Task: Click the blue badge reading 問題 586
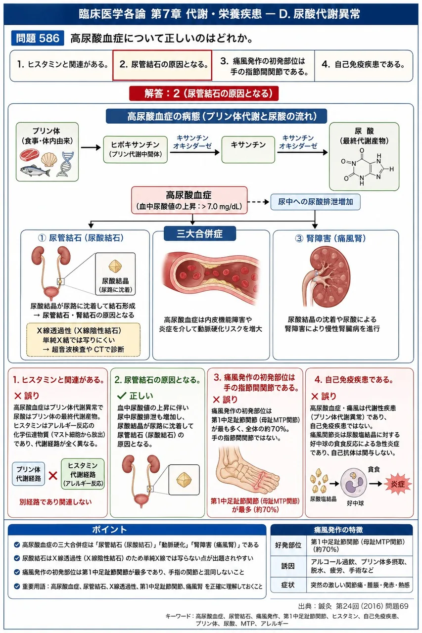click(38, 38)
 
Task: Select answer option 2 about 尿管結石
click(162, 65)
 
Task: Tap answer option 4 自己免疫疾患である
click(364, 65)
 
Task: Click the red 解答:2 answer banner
click(204, 93)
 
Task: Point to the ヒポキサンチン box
click(136, 149)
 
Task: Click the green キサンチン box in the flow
click(248, 149)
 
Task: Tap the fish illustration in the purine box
click(35, 171)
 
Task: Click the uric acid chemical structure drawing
click(366, 167)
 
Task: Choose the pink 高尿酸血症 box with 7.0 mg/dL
click(189, 200)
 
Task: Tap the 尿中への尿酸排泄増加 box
click(316, 202)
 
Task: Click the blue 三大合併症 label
click(199, 234)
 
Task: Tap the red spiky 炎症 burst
click(397, 484)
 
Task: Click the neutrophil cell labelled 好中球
click(354, 483)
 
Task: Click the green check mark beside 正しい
click(121, 396)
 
